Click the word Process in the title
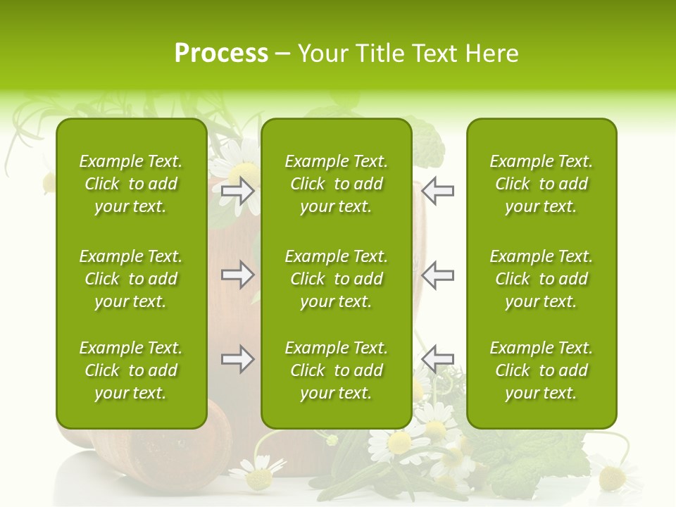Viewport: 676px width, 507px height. [x=221, y=54]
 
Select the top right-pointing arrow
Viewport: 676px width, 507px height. [x=238, y=191]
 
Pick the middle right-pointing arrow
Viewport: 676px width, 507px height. [x=238, y=275]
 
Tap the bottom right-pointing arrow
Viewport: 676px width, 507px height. [x=238, y=359]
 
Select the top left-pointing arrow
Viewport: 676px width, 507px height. [x=437, y=191]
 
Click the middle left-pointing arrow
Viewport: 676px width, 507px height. [x=437, y=275]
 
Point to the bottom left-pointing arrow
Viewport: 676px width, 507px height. [x=437, y=359]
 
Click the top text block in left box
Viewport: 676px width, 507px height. [x=131, y=184]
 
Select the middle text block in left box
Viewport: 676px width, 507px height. [x=131, y=279]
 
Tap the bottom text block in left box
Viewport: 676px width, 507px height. [x=131, y=370]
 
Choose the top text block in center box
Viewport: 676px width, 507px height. [x=336, y=184]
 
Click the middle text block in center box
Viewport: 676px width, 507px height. [x=336, y=279]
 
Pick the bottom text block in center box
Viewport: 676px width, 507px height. [x=336, y=370]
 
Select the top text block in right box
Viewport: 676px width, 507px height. [x=541, y=184]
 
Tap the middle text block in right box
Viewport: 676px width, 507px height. [x=541, y=279]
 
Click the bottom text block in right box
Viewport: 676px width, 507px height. [x=541, y=370]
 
